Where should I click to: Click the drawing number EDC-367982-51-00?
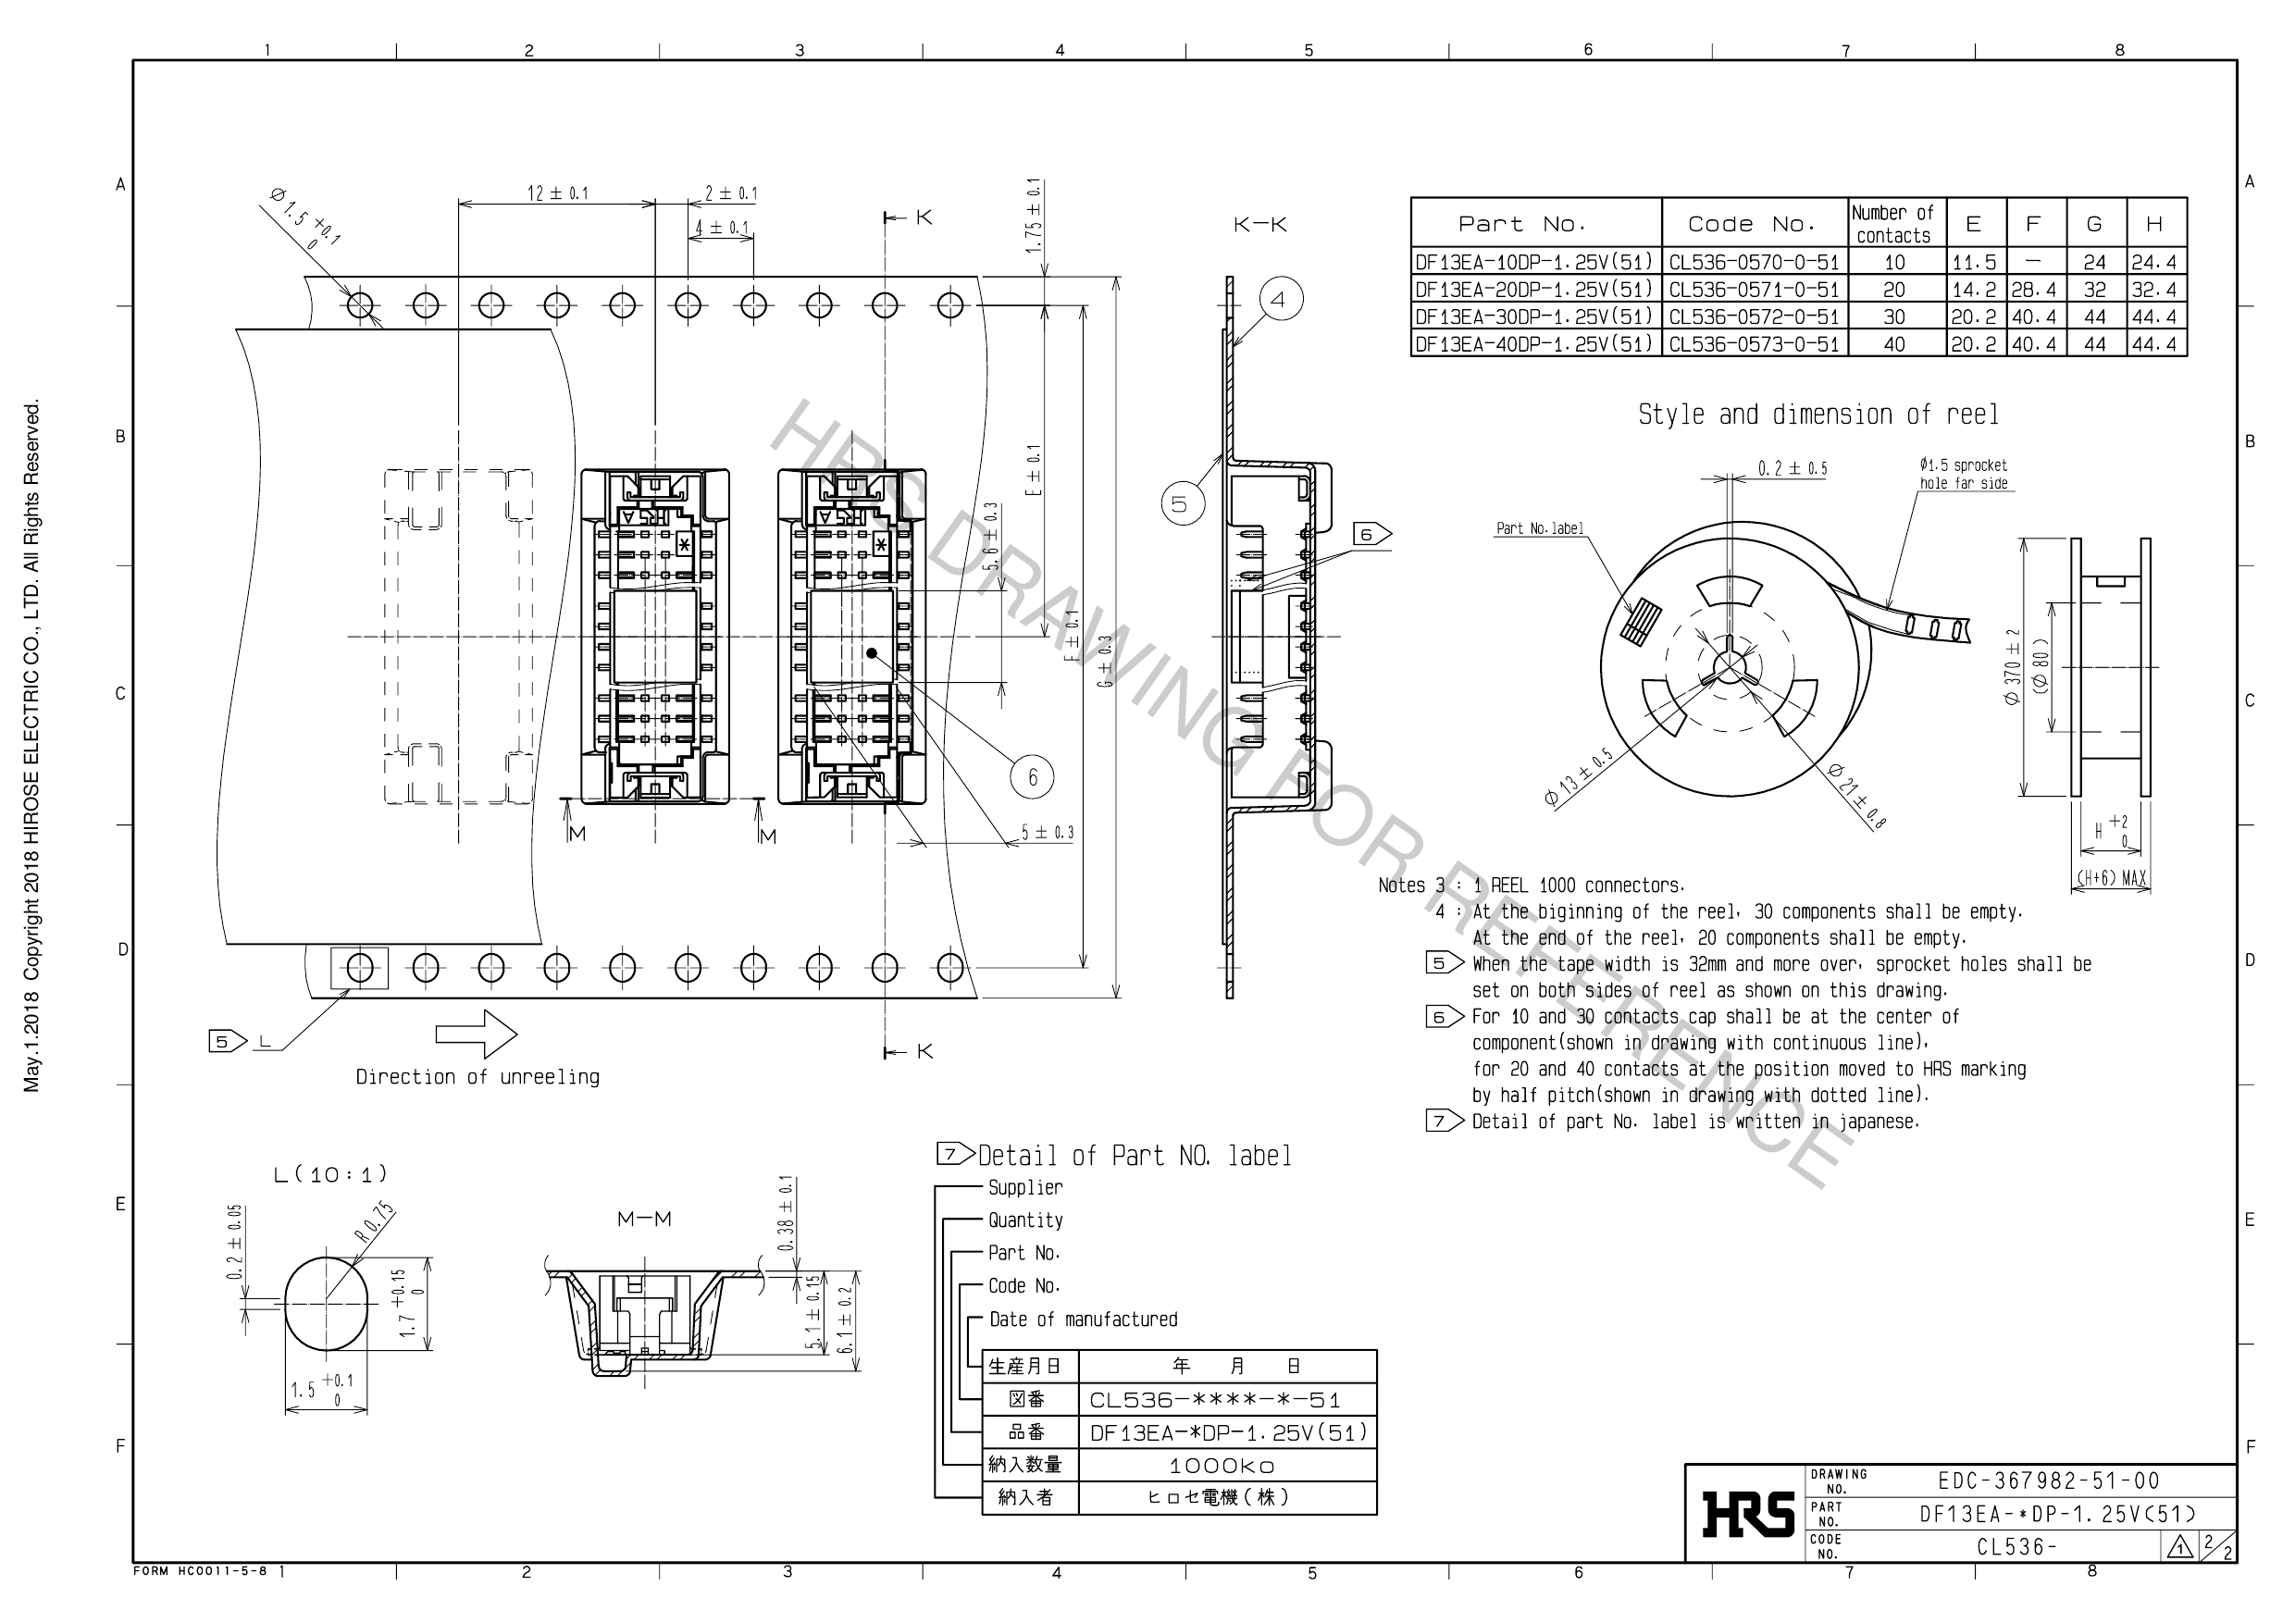(2048, 1481)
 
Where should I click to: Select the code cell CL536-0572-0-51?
(1755, 316)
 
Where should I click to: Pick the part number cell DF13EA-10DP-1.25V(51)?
(1534, 263)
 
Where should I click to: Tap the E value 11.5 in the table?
(1974, 263)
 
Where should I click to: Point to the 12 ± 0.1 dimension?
(558, 192)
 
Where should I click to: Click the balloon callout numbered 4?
(1281, 299)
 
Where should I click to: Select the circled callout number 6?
(1033, 776)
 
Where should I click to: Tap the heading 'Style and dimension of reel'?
(1817, 415)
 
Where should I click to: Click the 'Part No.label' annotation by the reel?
(1539, 528)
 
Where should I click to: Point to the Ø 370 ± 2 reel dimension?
(2012, 666)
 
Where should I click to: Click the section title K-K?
(1259, 225)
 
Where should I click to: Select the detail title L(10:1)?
(329, 1174)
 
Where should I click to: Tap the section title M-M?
(644, 1220)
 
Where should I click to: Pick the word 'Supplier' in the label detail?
(1024, 1187)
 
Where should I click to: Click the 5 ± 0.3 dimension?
(1047, 833)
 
